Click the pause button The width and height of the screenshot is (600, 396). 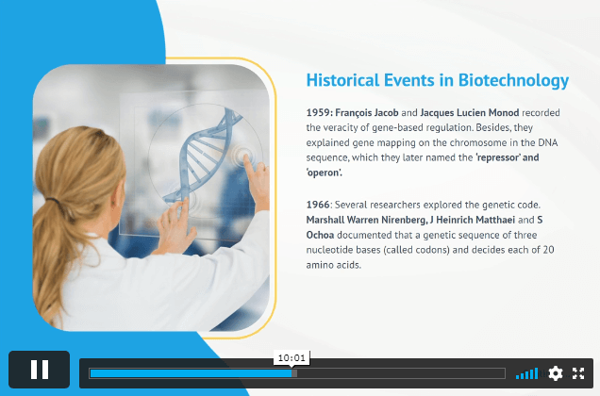point(40,370)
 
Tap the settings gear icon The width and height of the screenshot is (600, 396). point(556,373)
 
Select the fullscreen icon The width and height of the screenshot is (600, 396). point(578,373)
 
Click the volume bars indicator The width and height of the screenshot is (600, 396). point(527,373)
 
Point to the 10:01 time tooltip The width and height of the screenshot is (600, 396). point(292,358)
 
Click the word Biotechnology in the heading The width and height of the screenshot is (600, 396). point(513,81)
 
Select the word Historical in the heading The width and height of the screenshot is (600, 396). point(343,80)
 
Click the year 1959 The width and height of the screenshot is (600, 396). point(320,112)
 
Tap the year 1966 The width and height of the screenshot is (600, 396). point(318,205)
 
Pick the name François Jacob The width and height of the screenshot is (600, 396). point(367,113)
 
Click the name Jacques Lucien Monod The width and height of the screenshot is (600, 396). point(470,113)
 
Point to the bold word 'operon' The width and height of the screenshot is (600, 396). point(325,173)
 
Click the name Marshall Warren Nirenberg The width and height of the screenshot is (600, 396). point(366,220)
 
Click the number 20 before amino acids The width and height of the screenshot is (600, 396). point(548,250)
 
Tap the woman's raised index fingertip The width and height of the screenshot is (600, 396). point(246,158)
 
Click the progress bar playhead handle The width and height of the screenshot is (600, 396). point(294,373)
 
